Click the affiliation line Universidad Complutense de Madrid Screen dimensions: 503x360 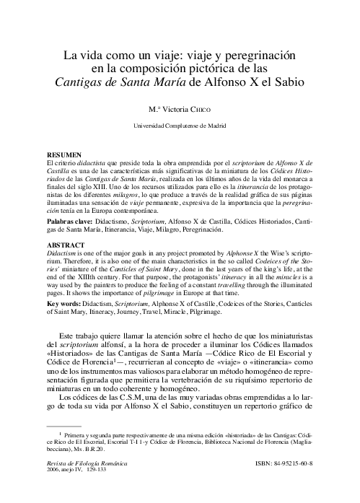point(179,126)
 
